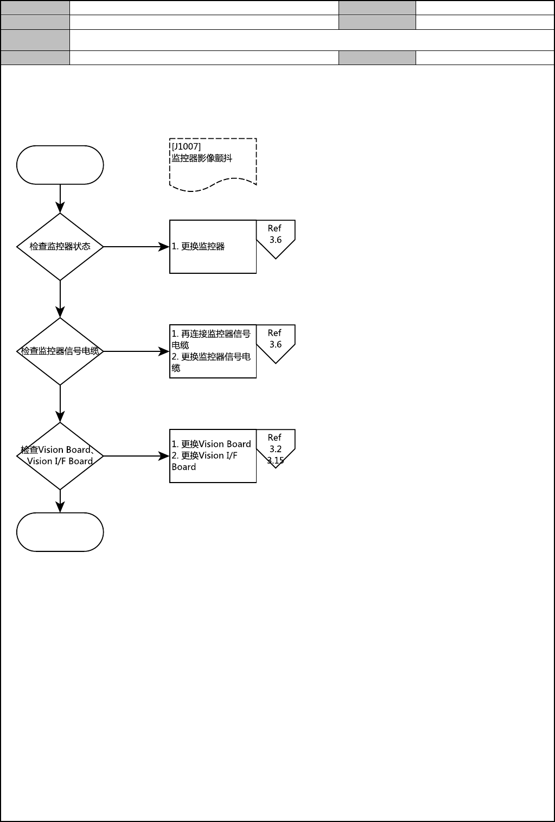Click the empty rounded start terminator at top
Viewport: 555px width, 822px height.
tap(60, 165)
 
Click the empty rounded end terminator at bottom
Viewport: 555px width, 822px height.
tap(60, 532)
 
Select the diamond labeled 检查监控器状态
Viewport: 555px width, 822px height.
tap(60, 247)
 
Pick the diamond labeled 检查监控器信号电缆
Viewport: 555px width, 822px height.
tap(60, 351)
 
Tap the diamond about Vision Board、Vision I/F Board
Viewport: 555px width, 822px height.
tap(60, 456)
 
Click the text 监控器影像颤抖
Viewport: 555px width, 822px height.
tap(202, 159)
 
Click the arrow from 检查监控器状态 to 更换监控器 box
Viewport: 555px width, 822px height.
tap(136, 247)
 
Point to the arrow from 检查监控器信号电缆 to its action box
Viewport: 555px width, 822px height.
tap(136, 351)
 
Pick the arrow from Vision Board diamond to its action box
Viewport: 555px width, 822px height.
tap(136, 456)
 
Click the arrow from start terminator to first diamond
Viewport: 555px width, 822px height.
tap(60, 198)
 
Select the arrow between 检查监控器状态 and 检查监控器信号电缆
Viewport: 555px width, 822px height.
tap(60, 299)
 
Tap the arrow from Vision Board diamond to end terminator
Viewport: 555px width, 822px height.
tap(60, 501)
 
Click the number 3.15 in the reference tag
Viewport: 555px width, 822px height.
tap(276, 461)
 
